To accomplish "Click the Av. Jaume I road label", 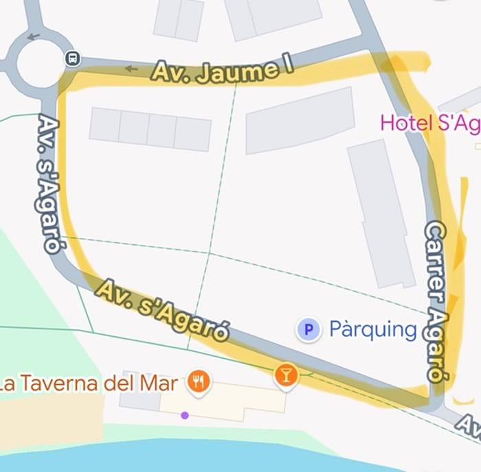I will [221, 71].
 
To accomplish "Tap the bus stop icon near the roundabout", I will [71, 59].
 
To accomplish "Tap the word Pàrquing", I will [373, 330].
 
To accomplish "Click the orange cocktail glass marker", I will [286, 375].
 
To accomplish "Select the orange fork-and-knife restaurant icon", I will [199, 381].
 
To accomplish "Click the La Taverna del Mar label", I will [89, 383].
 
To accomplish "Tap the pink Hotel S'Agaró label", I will [429, 123].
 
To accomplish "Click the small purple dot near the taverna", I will [184, 415].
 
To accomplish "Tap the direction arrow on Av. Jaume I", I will [131, 68].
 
